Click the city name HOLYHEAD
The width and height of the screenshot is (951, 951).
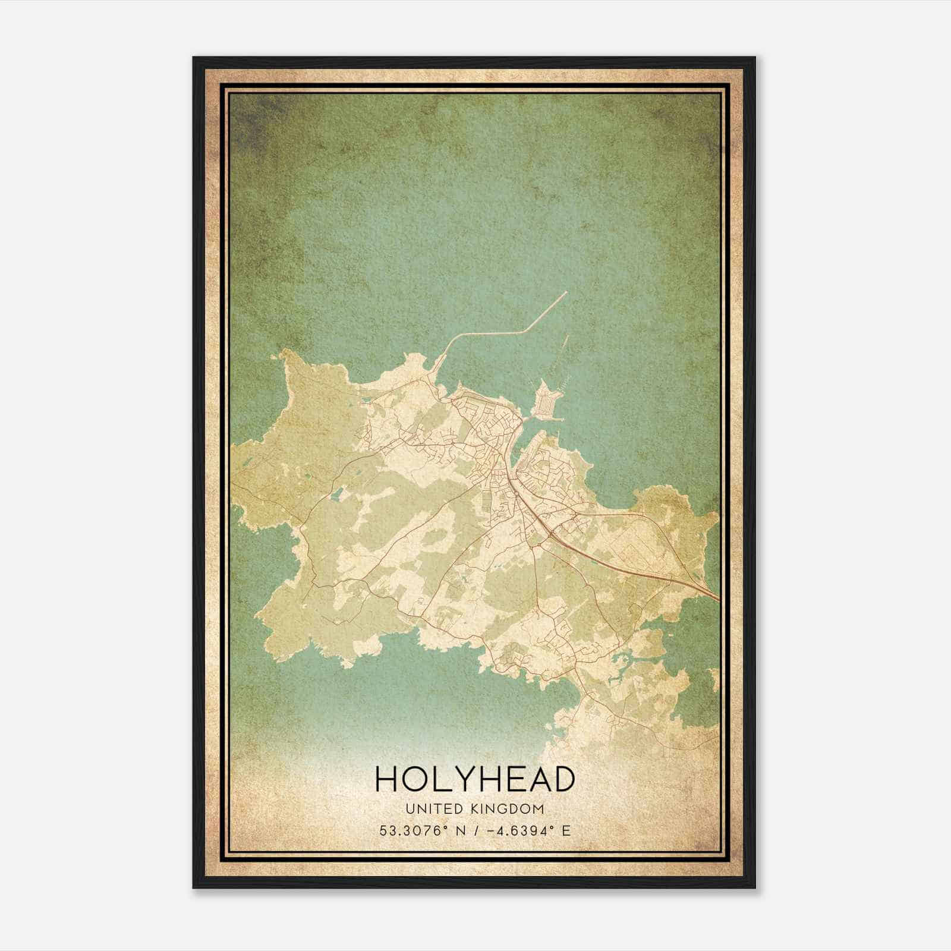(x=475, y=779)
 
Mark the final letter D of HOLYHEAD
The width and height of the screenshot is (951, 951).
(x=562, y=779)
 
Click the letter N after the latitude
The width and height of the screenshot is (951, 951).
(x=459, y=830)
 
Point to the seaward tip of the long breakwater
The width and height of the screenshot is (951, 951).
(x=566, y=292)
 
